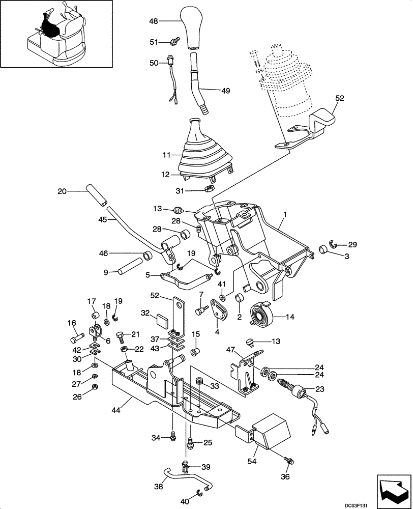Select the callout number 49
(225, 91)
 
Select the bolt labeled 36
(290, 460)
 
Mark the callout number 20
(62, 191)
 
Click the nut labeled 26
(95, 389)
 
